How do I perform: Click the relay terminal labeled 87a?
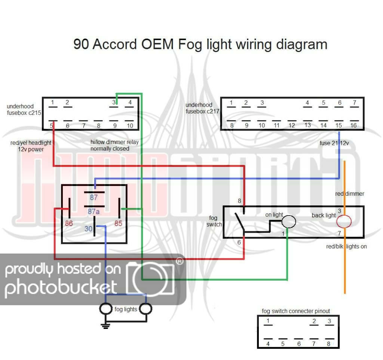click(x=94, y=212)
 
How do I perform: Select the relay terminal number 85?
click(x=118, y=224)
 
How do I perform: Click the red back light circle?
click(x=344, y=222)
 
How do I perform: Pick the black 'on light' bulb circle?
click(x=288, y=222)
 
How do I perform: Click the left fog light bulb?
click(x=106, y=309)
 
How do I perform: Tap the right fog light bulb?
click(x=145, y=309)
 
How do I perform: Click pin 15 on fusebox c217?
click(x=338, y=125)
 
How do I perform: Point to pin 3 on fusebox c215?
click(x=114, y=102)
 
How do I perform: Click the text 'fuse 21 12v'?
click(x=334, y=143)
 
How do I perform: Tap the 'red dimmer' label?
click(x=350, y=194)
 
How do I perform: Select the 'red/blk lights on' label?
click(x=346, y=247)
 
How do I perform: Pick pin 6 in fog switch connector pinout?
click(x=298, y=344)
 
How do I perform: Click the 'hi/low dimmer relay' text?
click(x=110, y=143)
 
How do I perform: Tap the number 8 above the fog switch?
click(x=239, y=201)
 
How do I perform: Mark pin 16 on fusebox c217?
click(x=353, y=125)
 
